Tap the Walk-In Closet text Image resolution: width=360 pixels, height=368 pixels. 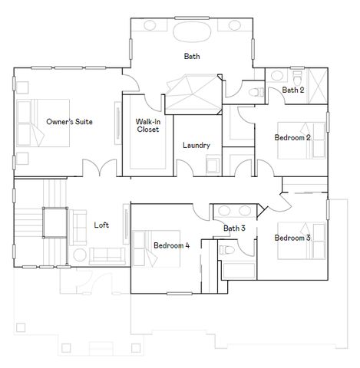coord(147,126)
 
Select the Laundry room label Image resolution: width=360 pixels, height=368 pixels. coord(196,145)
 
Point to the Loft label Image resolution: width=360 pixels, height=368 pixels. coord(101,225)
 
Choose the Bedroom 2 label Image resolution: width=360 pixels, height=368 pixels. coord(292,138)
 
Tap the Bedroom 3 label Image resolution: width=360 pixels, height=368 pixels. coord(292,238)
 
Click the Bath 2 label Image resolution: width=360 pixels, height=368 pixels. coord(293,90)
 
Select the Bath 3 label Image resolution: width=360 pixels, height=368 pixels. coord(234,228)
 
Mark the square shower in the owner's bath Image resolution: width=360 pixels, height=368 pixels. coord(196,93)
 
